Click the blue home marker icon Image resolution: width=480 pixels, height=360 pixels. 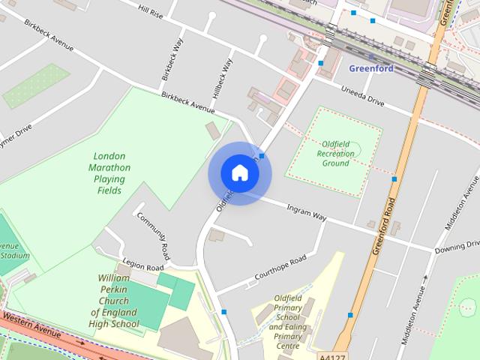pos(239,172)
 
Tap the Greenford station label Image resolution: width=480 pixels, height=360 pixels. pos(370,68)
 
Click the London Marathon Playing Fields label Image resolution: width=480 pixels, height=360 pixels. pos(109,173)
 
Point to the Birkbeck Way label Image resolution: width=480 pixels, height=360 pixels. pos(172,59)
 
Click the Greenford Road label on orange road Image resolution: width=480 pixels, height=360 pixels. pos(382,225)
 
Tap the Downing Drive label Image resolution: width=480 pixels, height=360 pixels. pos(457,245)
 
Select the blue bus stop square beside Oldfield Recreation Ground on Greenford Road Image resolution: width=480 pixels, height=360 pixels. pos(394,179)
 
